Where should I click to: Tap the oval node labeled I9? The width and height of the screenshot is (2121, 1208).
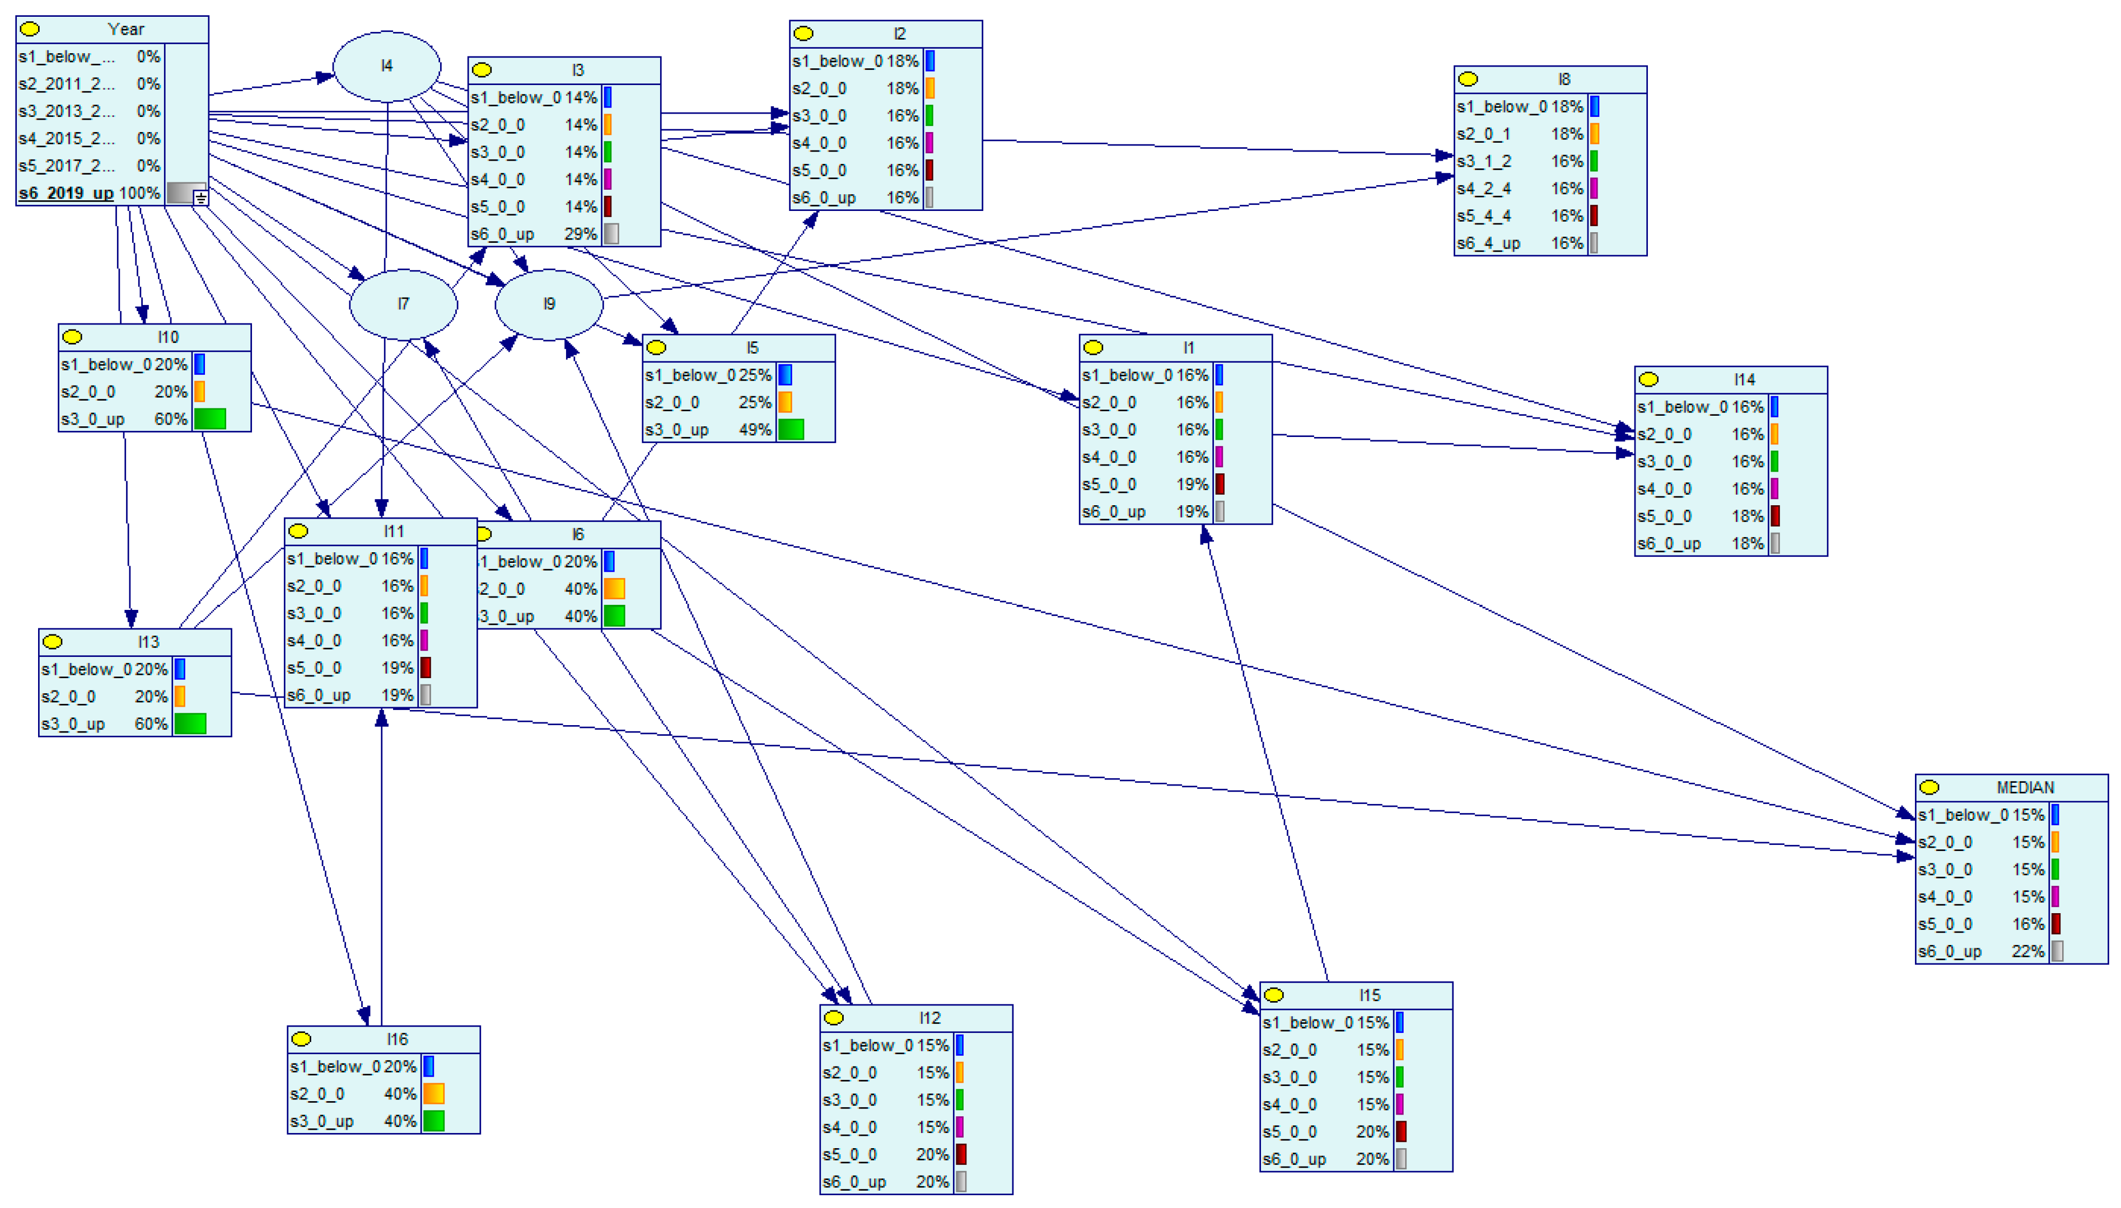(549, 304)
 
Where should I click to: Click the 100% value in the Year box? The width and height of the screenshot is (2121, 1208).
(139, 193)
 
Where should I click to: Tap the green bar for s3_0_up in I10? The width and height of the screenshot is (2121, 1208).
(210, 419)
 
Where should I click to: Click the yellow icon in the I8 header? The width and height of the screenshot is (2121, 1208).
(1467, 79)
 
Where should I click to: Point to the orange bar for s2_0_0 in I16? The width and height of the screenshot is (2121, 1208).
(433, 1093)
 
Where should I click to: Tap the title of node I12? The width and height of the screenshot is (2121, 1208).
(929, 1018)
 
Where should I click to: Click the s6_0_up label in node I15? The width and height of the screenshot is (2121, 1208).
(1293, 1159)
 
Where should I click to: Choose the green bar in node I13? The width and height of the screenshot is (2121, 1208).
(190, 723)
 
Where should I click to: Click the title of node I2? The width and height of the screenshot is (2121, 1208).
(899, 33)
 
